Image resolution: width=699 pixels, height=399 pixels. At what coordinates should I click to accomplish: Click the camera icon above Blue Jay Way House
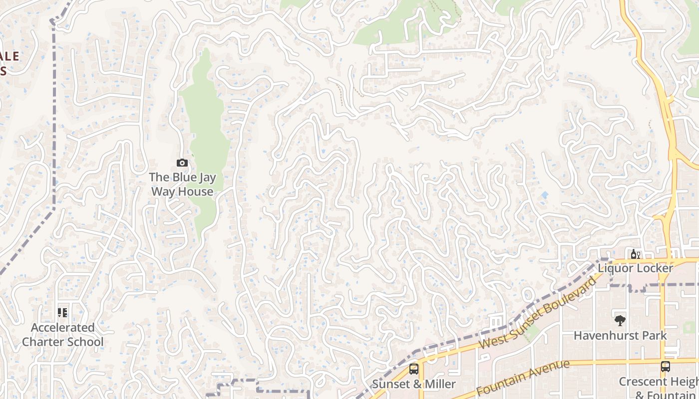click(x=182, y=163)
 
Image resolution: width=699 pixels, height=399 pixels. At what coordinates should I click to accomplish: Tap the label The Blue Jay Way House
click(x=182, y=185)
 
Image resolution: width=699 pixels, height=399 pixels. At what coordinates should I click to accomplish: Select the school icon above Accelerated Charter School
click(x=62, y=313)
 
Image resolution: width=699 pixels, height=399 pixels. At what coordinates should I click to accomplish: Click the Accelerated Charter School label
click(x=63, y=335)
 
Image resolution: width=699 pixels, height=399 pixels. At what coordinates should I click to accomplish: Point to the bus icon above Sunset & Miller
click(x=414, y=369)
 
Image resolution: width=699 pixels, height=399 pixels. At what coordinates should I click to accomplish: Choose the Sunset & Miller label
click(x=414, y=384)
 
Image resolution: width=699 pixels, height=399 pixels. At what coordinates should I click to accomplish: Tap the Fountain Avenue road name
click(x=522, y=378)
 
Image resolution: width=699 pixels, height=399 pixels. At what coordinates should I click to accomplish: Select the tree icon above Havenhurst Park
click(x=620, y=321)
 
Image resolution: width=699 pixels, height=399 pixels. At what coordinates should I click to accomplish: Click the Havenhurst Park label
click(x=620, y=336)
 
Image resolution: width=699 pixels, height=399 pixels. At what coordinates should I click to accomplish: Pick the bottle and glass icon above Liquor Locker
click(x=636, y=254)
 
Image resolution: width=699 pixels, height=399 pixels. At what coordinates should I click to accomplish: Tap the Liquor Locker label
click(x=636, y=268)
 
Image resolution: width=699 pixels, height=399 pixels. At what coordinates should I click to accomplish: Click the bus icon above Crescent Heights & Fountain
click(x=665, y=367)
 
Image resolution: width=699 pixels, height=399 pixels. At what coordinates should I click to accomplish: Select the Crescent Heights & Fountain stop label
click(x=659, y=388)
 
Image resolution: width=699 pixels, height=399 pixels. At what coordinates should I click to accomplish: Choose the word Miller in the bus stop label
click(x=437, y=384)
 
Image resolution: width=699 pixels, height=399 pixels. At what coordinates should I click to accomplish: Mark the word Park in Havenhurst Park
click(x=655, y=336)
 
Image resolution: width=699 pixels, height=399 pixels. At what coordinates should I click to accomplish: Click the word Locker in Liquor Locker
click(x=652, y=268)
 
